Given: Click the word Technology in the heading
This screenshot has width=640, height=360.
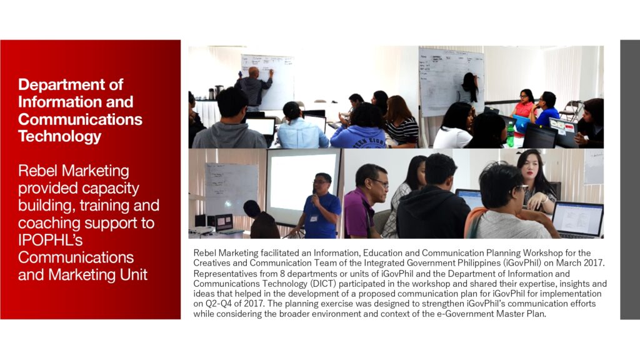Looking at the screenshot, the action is pyautogui.click(x=59, y=136).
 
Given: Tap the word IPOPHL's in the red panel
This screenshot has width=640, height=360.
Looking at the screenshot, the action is pyautogui.click(x=50, y=240).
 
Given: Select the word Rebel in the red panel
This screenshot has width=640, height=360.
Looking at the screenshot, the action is pyautogui.click(x=38, y=171).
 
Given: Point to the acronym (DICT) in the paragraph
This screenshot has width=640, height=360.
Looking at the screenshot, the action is pyautogui.click(x=322, y=283).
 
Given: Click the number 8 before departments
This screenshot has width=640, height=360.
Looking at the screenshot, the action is pyautogui.click(x=282, y=274).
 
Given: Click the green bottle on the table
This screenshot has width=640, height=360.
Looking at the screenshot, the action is pyautogui.click(x=510, y=134).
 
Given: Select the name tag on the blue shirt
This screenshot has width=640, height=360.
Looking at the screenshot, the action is pyautogui.click(x=314, y=218).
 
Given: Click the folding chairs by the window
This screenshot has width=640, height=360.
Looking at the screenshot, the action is pyautogui.click(x=571, y=110).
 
